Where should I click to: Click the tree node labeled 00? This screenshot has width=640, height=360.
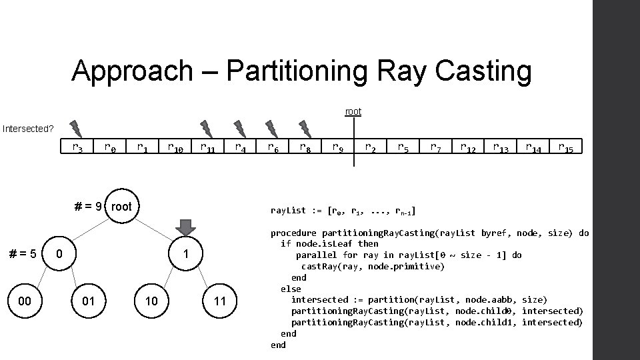click(x=25, y=301)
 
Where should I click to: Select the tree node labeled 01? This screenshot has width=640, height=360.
click(x=88, y=301)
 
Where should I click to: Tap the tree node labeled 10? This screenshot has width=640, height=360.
click(x=152, y=301)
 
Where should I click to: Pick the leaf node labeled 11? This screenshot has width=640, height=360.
click(x=220, y=301)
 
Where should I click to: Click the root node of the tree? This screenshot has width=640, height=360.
click(x=121, y=207)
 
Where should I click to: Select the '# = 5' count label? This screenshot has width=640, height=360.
click(x=22, y=254)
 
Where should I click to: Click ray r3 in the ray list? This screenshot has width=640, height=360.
click(x=77, y=147)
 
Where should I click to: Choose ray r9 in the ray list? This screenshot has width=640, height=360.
click(x=338, y=147)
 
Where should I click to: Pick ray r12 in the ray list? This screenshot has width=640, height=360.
click(x=468, y=147)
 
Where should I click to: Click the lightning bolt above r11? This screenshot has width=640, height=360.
click(x=207, y=128)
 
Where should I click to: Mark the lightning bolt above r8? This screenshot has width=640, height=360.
click(x=305, y=128)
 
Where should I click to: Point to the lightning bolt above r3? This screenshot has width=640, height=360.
click(x=77, y=128)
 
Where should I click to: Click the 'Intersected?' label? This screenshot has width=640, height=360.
click(x=28, y=128)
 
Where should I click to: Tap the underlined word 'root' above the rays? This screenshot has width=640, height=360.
click(x=353, y=111)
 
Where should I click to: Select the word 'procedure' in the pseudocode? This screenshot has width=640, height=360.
click(x=293, y=233)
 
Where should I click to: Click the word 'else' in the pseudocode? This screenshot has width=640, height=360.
click(x=291, y=289)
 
